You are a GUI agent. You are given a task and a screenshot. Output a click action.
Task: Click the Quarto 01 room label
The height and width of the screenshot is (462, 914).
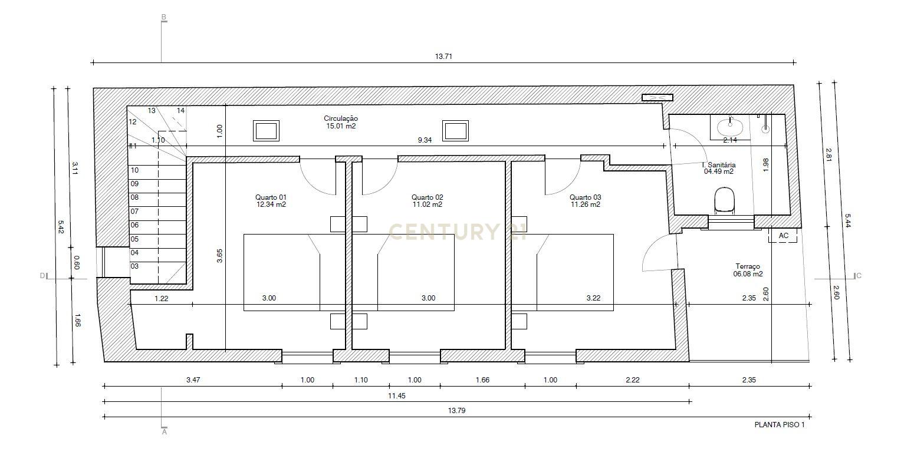coord(271,197)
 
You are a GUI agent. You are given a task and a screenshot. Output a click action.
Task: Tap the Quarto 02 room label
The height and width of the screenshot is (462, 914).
coord(428,197)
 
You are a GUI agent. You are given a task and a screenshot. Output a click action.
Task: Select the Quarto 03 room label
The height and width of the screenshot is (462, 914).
coord(585,197)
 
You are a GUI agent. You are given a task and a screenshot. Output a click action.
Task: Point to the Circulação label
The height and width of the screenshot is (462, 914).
coord(341,118)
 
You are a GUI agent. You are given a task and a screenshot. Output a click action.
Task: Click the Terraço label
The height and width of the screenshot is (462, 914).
coord(748,266)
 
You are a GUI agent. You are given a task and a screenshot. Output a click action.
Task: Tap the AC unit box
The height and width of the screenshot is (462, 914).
coord(783,236)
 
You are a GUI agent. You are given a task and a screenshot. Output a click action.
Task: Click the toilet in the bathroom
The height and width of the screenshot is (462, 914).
coord(724,200)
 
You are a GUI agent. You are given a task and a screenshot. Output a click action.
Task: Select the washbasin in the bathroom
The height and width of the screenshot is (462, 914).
coord(730,125)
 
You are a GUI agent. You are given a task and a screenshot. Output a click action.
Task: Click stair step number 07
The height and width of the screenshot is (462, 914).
coord(134,211)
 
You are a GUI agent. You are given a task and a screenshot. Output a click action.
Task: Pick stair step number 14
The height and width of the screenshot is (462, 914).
coord(180,110)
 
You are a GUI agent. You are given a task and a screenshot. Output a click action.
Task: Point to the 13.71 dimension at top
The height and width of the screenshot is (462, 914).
coord(443,57)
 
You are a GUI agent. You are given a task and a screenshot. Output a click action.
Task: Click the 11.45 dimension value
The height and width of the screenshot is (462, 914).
coord(396,396)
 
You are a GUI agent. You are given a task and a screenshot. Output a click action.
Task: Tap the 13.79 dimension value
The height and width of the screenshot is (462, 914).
coord(457,411)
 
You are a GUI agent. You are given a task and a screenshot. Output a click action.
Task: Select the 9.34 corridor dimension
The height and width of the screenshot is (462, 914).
coord(425,140)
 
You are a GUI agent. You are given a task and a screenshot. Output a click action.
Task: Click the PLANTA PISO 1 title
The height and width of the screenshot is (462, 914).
coord(779,424)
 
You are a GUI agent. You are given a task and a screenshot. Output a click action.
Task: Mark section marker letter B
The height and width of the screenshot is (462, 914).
coord(164,16)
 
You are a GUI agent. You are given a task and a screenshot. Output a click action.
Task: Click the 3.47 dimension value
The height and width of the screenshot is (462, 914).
coord(193,380)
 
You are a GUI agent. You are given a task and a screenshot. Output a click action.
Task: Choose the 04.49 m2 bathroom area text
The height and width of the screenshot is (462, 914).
coord(719,172)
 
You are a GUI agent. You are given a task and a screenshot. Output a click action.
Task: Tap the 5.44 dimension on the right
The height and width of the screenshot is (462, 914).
coord(848,220)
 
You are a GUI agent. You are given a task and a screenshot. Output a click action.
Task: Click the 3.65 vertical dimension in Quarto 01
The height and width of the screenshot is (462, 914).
coord(219,256)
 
